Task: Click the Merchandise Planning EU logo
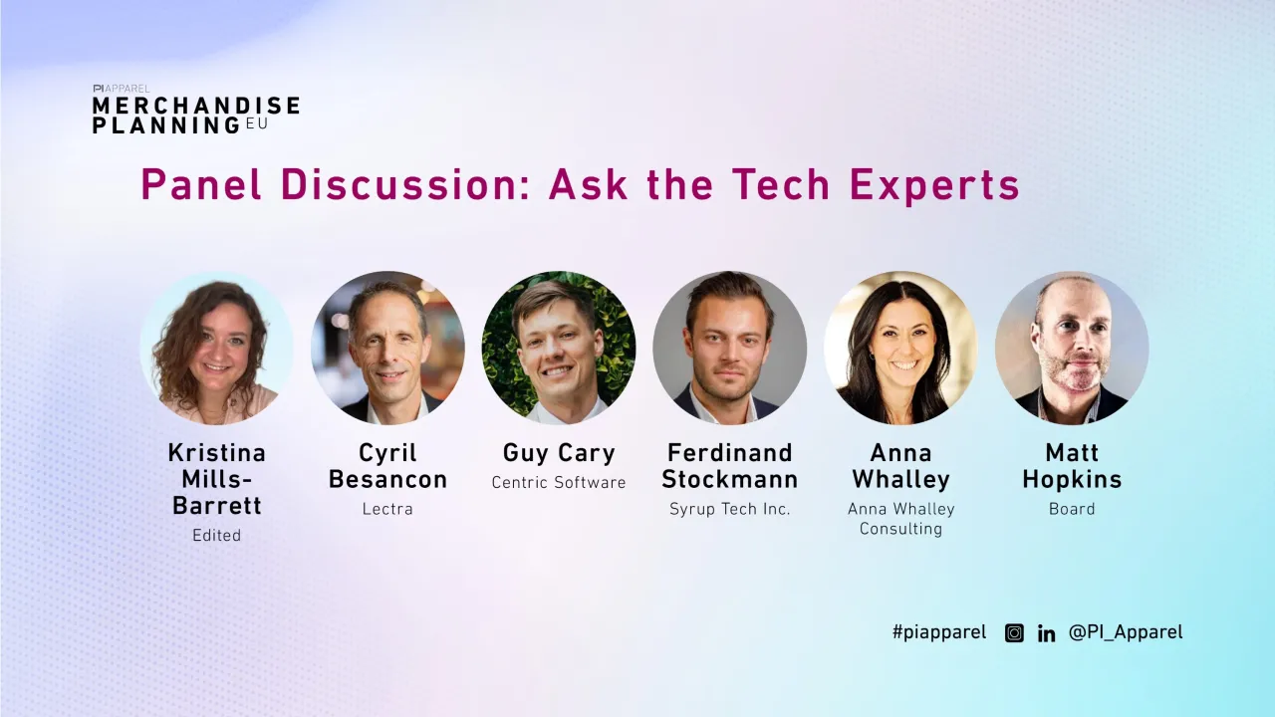click(x=195, y=110)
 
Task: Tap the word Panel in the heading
click(x=203, y=185)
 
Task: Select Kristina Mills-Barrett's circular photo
click(x=216, y=348)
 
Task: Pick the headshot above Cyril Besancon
click(x=387, y=348)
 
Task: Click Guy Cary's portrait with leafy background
click(x=559, y=348)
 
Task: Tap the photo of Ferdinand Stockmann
click(x=730, y=348)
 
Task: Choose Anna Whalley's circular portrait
click(x=900, y=348)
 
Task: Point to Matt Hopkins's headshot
click(x=1072, y=348)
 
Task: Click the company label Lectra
click(x=387, y=509)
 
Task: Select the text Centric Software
click(x=559, y=483)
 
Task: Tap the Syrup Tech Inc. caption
click(x=730, y=509)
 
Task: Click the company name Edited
click(x=217, y=536)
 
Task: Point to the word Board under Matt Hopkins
click(x=1072, y=509)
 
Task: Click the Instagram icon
click(x=1014, y=632)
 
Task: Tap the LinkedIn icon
click(x=1046, y=633)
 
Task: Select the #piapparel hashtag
click(x=939, y=632)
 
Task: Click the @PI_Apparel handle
click(x=1126, y=632)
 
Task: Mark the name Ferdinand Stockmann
click(x=730, y=466)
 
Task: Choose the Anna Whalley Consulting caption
click(x=901, y=519)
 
